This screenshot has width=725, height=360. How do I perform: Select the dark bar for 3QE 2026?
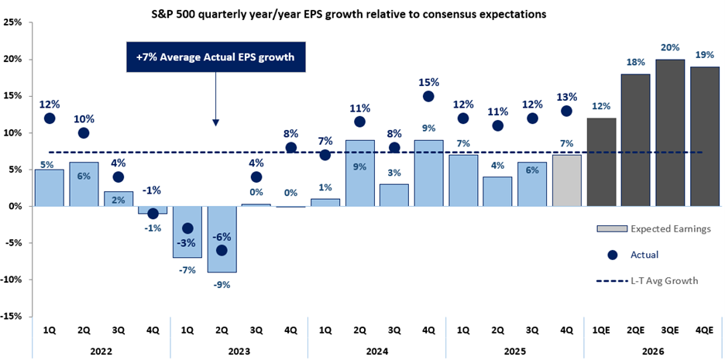pyautogui.click(x=671, y=132)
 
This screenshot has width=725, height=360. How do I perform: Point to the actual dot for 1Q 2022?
pyautogui.click(x=50, y=118)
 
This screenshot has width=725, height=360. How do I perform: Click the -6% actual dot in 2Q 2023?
pyautogui.click(x=222, y=250)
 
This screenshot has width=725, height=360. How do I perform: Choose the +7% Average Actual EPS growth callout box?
pyautogui.click(x=216, y=57)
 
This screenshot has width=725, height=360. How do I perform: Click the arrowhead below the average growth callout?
pyautogui.click(x=216, y=122)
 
